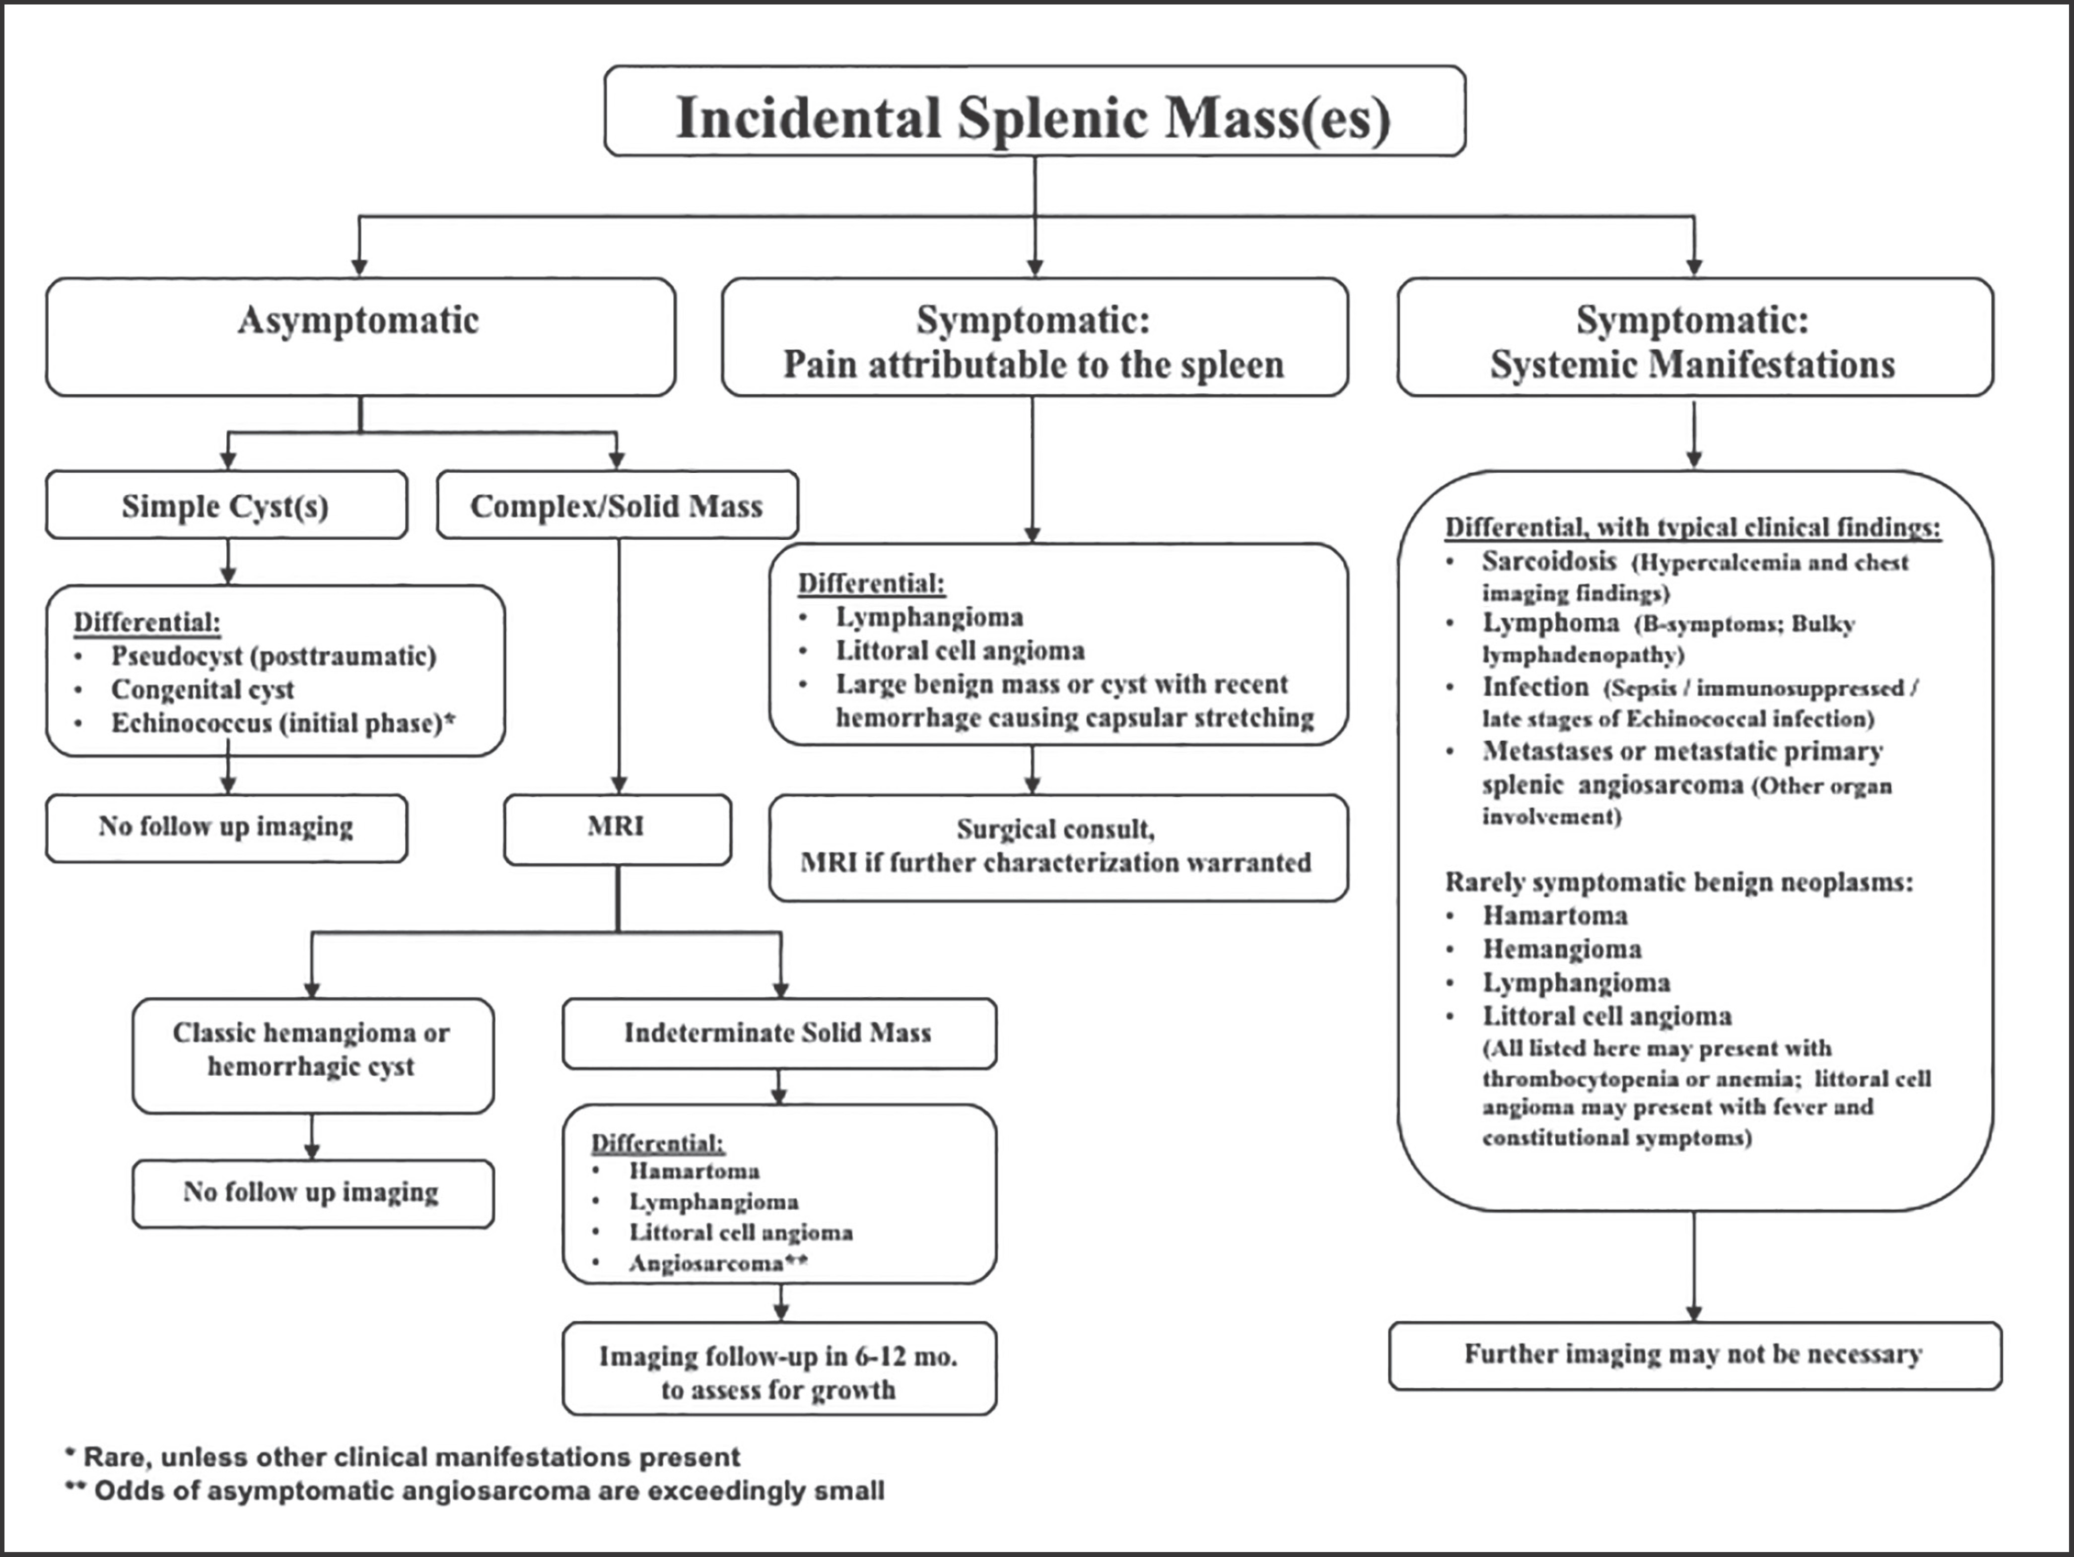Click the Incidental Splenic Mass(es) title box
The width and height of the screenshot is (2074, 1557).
1034,111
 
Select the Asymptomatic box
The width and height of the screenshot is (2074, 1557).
360,336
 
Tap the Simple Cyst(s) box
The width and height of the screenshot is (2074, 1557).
226,505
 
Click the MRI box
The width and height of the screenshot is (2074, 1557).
617,829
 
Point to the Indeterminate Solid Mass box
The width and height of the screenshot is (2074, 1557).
779,1033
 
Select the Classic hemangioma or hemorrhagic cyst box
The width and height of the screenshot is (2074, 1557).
312,1055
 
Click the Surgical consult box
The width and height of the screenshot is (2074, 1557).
1058,847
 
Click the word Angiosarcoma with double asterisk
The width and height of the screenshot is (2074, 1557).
718,1263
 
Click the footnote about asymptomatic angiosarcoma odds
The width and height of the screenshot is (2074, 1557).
475,1491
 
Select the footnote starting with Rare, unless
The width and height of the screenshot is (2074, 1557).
402,1457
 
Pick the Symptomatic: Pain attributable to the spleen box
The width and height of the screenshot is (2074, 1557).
1034,336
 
